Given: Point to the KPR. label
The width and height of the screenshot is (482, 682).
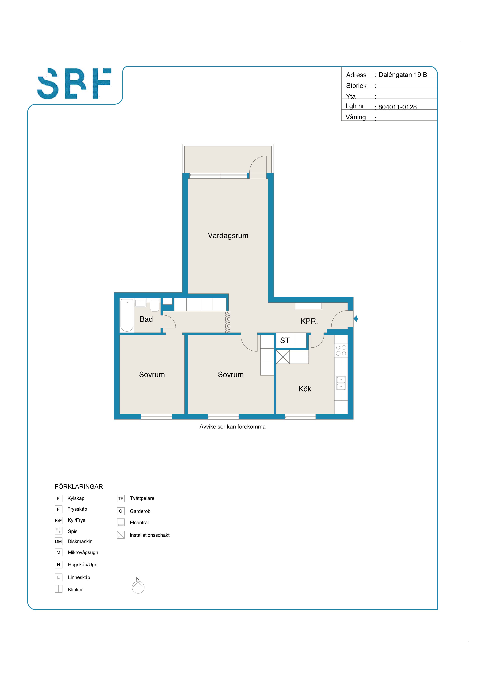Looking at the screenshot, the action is pos(309,321).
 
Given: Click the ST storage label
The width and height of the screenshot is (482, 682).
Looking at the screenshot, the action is pos(285,340).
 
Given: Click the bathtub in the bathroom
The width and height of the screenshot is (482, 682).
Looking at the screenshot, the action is pos(127,315).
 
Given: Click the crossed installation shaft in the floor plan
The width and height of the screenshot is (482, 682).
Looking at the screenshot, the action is pos(283,357).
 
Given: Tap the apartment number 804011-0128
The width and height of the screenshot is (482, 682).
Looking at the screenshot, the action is pos(397,107).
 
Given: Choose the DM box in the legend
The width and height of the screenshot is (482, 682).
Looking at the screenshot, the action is pos(58,541).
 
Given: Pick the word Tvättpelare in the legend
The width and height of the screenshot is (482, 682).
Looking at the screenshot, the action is pos(142,498).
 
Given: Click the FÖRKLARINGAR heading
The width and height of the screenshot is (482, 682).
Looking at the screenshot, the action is pos(79,486).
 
